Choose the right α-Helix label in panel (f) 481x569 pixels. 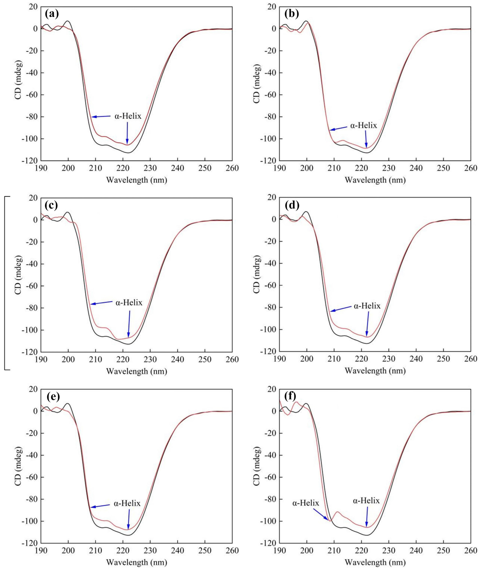click(x=366, y=501)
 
